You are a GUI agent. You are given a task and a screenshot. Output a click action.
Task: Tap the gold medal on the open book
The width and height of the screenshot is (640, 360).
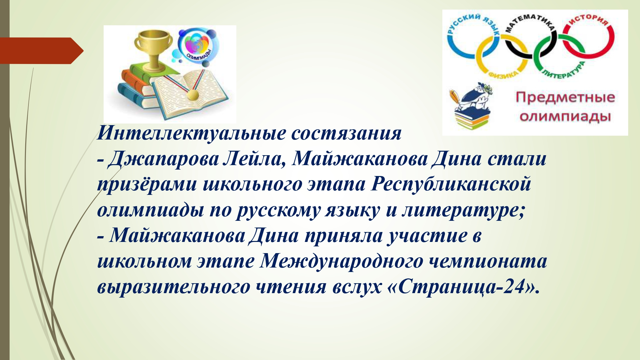(193, 94)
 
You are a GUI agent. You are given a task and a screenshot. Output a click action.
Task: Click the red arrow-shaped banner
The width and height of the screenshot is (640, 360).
(42, 51)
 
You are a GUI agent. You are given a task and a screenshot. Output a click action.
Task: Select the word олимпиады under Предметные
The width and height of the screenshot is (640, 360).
(565, 117)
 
